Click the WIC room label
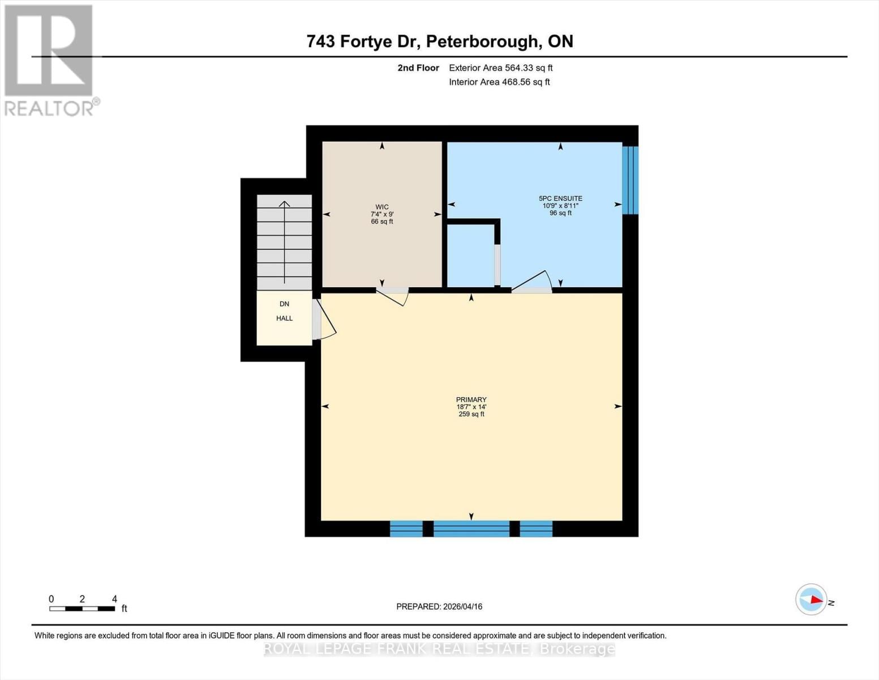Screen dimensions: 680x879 382,207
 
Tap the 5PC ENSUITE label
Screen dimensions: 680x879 560,198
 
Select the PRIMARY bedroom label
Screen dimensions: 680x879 471,399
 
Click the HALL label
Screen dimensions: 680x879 284,318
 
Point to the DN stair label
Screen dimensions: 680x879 284,304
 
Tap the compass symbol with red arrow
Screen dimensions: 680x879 811,600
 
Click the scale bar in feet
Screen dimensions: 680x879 82,609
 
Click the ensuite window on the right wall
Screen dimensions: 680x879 630,180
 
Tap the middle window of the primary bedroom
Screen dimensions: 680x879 471,529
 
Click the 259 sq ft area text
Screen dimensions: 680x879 471,414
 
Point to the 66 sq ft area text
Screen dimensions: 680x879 382,222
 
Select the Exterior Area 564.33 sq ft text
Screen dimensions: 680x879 500,68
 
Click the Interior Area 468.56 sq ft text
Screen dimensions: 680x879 499,82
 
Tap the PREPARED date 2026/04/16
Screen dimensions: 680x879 439,606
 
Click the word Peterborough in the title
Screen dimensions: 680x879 482,41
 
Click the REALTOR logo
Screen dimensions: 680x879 50,59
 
